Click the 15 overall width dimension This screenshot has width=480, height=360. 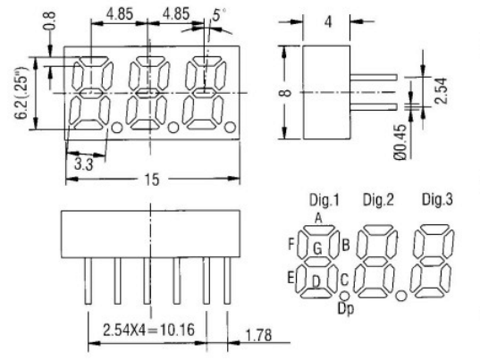click(152, 180)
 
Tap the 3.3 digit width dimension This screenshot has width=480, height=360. click(83, 164)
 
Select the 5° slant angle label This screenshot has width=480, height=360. click(219, 14)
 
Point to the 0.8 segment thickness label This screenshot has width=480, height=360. click(50, 21)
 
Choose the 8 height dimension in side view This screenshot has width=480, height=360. click(286, 92)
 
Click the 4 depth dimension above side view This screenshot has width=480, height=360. click(328, 21)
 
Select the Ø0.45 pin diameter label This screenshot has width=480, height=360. click(400, 142)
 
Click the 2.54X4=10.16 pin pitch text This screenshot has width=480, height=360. click(148, 330)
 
